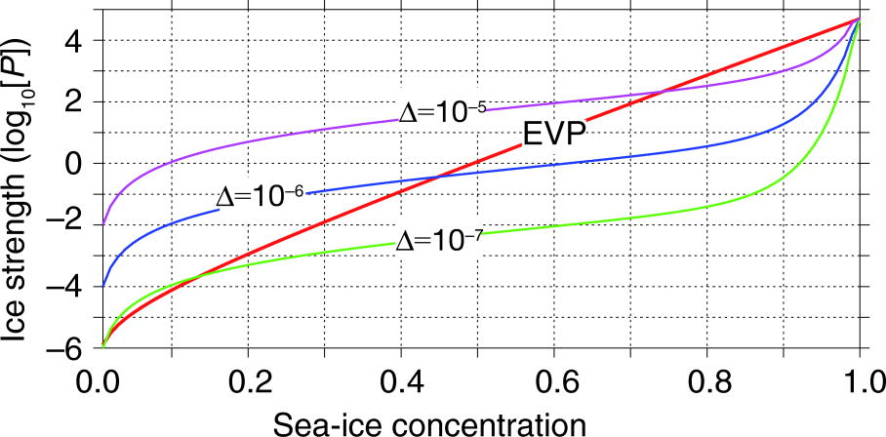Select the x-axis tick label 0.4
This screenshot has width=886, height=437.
(403, 379)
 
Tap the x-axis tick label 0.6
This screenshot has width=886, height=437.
(555, 379)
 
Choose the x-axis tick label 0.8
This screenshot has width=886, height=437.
(707, 379)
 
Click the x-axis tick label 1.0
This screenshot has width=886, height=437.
(859, 379)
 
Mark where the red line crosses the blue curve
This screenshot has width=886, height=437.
(438, 177)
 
